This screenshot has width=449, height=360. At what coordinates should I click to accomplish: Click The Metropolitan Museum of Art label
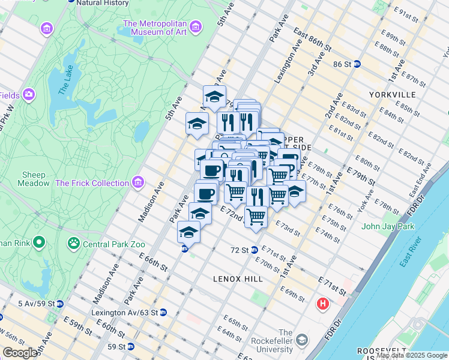(x=155, y=28)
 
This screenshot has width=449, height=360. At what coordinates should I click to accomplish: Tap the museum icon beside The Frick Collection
(x=139, y=182)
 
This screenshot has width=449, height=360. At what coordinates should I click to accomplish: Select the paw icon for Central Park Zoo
(x=74, y=244)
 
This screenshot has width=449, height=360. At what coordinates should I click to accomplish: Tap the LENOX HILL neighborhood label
(x=238, y=279)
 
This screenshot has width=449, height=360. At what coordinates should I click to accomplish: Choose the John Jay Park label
(x=388, y=226)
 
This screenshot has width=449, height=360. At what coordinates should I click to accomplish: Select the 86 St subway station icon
(x=357, y=64)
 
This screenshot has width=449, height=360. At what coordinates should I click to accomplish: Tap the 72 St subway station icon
(x=254, y=250)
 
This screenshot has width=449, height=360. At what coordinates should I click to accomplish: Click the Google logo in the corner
(x=20, y=352)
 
